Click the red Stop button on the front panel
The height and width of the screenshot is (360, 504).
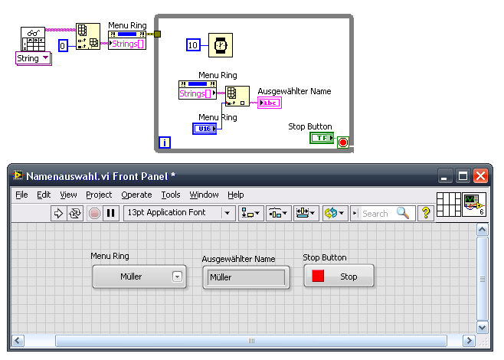(339, 276)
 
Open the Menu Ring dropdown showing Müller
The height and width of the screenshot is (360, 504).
(139, 277)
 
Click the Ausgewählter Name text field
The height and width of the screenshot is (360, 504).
(246, 277)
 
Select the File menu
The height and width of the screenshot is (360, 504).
(21, 195)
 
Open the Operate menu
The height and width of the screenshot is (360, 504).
(136, 195)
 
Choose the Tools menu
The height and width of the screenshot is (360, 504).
(171, 195)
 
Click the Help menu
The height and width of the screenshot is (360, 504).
(236, 195)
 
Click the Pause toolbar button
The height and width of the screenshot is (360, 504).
(111, 213)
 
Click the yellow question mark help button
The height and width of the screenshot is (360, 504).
(426, 213)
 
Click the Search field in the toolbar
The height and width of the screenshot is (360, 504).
(382, 213)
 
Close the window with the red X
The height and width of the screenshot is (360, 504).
(480, 176)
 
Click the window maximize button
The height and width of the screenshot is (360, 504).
(463, 176)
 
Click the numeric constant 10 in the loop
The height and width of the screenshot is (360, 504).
(193, 45)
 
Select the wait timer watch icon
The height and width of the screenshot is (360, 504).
(221, 45)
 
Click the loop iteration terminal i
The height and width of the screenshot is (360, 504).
(165, 142)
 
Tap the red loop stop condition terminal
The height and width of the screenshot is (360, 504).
(343, 142)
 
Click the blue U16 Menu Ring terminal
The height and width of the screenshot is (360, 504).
(205, 129)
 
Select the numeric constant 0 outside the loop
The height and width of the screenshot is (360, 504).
(63, 46)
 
